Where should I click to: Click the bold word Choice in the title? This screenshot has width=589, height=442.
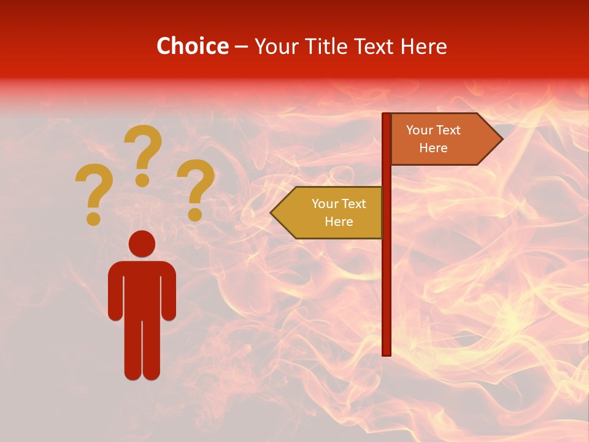[x=192, y=46]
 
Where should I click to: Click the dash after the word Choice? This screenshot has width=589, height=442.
[x=241, y=47]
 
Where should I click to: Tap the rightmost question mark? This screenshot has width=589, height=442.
[x=196, y=189]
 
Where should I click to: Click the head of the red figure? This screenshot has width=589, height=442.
[x=142, y=244]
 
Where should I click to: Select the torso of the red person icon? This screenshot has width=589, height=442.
[x=142, y=289]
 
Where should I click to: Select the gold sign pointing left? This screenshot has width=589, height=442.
[x=331, y=212]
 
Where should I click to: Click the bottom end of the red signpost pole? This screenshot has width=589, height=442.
[x=387, y=352]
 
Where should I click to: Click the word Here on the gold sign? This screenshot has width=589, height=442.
[x=339, y=222]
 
